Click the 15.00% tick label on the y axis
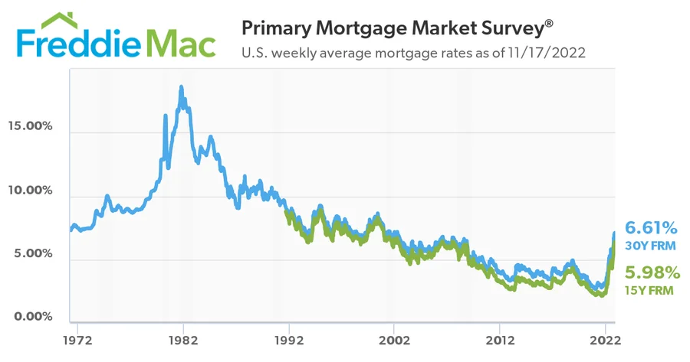(30, 126)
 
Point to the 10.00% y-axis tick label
(30, 190)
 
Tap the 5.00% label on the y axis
(32, 253)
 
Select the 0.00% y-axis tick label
(32, 316)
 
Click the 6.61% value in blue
(651, 228)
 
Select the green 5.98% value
(652, 272)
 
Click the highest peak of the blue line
(181, 87)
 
